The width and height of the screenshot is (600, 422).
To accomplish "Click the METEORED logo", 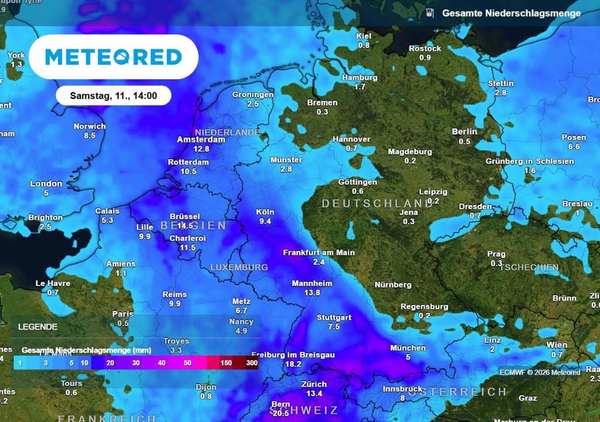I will [x=114, y=57].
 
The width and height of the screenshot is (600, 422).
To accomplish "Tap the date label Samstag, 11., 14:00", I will [x=113, y=95].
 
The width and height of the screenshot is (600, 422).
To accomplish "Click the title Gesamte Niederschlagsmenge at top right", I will [x=511, y=13].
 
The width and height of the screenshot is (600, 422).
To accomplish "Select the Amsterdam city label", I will [x=201, y=140].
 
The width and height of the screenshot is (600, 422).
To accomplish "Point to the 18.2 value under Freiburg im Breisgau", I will [x=292, y=364].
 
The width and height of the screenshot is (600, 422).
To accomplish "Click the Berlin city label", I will [x=464, y=132].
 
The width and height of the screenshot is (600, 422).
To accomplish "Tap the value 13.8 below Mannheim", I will [x=312, y=292].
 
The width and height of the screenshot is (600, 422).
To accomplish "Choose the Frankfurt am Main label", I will [x=319, y=253].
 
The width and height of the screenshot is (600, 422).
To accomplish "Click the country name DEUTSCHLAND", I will [x=369, y=203].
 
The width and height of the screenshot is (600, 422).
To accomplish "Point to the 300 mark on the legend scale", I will [x=252, y=363].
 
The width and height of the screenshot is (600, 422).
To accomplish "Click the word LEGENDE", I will [x=37, y=326].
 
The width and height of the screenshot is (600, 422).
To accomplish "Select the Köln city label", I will [x=265, y=212].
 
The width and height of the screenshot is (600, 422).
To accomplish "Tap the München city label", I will [x=408, y=348].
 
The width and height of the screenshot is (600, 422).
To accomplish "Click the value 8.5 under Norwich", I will [x=90, y=135].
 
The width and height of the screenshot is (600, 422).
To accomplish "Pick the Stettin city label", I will [x=500, y=83].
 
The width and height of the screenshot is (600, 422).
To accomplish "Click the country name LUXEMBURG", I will [x=239, y=267].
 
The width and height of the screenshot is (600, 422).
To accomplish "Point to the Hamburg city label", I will [x=359, y=77].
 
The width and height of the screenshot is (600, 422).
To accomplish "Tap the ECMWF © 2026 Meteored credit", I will [x=540, y=372].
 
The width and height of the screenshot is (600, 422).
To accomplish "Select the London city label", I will [x=46, y=183].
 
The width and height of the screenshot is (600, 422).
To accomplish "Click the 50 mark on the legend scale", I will [x=187, y=363].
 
